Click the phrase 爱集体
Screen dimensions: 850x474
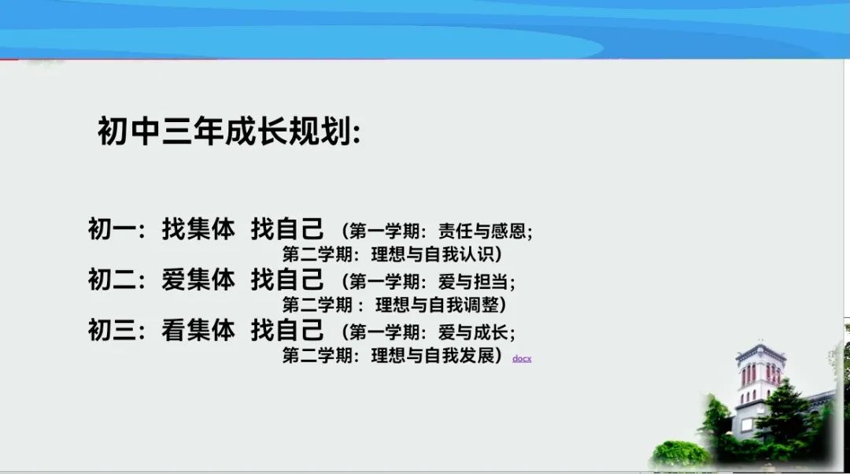click(198, 280)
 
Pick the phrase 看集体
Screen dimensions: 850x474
click(198, 330)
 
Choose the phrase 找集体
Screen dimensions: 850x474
click(198, 229)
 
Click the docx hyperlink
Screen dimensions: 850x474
click(522, 358)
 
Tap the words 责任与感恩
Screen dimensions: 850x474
click(482, 231)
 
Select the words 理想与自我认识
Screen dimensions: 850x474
click(433, 254)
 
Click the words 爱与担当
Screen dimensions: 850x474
click(473, 282)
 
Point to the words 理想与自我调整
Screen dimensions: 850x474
click(437, 305)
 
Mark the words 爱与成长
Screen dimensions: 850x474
click(473, 332)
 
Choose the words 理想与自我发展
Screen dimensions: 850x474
click(433, 356)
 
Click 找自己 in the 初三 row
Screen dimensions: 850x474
click(287, 330)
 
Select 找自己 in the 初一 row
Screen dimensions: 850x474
click(287, 229)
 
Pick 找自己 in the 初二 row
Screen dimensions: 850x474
click(287, 280)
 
